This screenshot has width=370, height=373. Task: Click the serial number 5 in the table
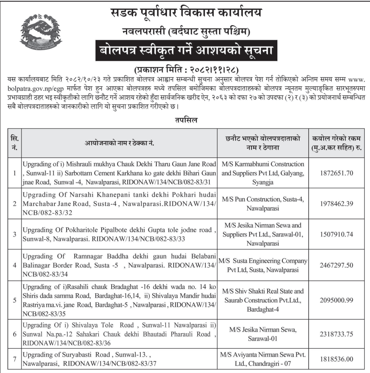click(15, 300)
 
